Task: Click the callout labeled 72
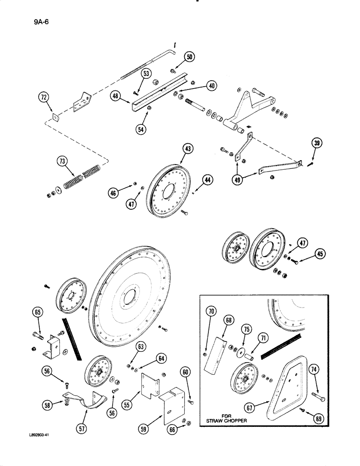coord(44,97)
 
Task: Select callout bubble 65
coord(38,312)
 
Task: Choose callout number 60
coord(186,371)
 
